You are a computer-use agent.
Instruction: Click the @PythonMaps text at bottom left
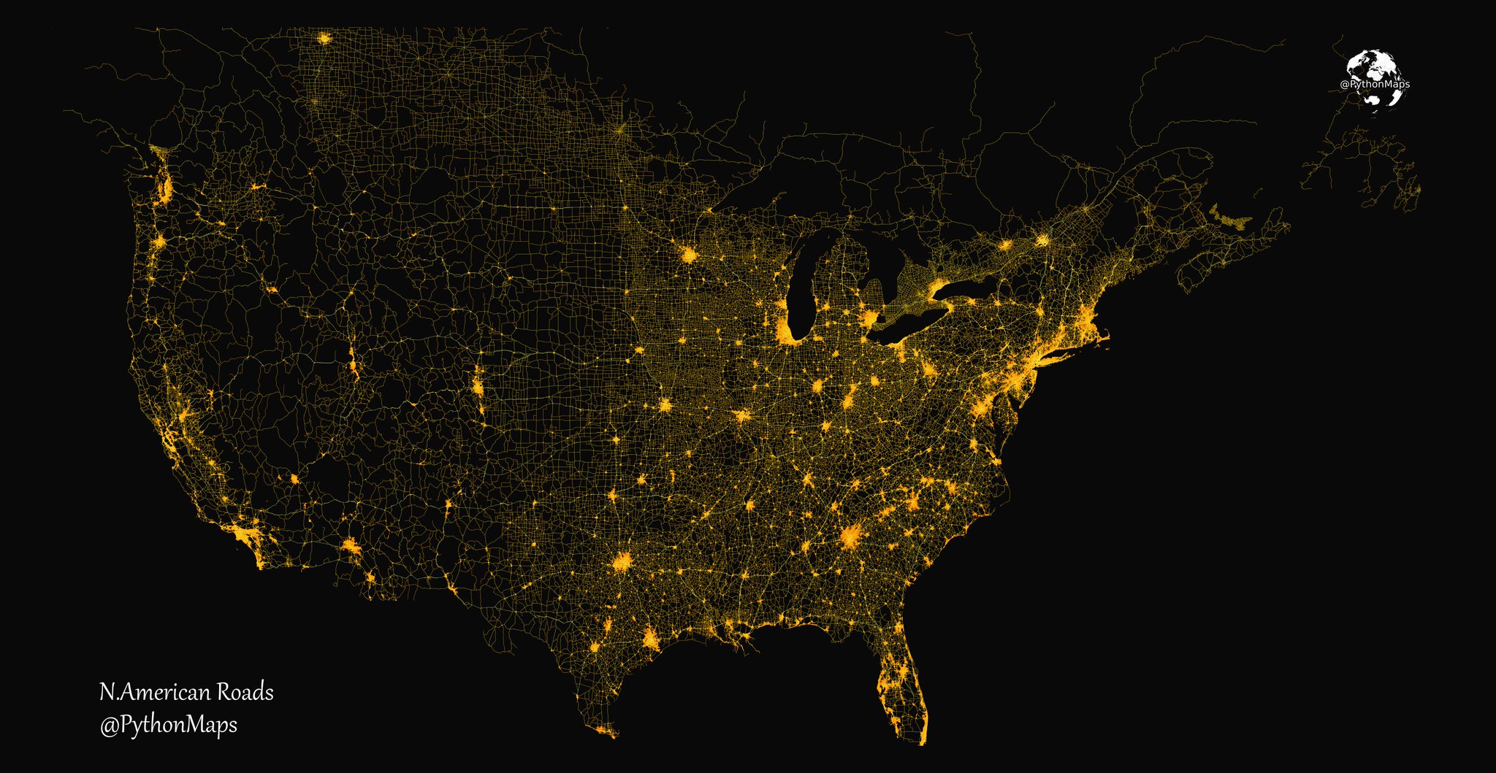[x=168, y=725]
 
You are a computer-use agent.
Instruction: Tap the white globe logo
[x=1374, y=78]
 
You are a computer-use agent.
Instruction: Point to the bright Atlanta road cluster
[x=850, y=537]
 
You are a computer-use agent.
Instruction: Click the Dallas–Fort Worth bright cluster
[x=622, y=563]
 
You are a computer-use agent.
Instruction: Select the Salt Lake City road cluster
[x=353, y=361]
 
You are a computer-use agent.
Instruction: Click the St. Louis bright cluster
[x=742, y=416]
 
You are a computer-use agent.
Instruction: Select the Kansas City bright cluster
[x=665, y=405]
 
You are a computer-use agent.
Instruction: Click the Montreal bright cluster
[x=1043, y=239]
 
